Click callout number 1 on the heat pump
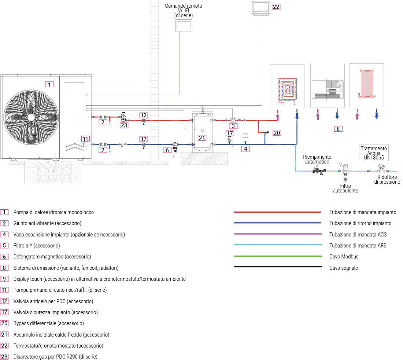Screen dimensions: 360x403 pyautogui.click(x=49, y=84)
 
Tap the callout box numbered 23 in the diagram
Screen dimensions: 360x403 pyautogui.click(x=124, y=125)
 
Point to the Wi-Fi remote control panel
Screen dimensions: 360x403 pyautogui.click(x=184, y=25)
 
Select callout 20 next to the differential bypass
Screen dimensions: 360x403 pyautogui.click(x=277, y=133)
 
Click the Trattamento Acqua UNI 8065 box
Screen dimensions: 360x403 pyautogui.click(x=374, y=153)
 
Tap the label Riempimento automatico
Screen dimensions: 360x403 pyautogui.click(x=317, y=159)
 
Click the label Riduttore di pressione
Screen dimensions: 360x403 pyautogui.click(x=387, y=179)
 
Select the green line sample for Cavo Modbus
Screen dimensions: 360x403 pyautogui.click(x=277, y=257)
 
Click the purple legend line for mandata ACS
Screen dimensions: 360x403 pyautogui.click(x=277, y=234)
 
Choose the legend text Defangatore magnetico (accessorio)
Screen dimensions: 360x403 pyautogui.click(x=52, y=257)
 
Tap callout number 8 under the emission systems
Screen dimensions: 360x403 pyautogui.click(x=338, y=129)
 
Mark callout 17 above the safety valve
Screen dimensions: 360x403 pyautogui.click(x=230, y=133)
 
